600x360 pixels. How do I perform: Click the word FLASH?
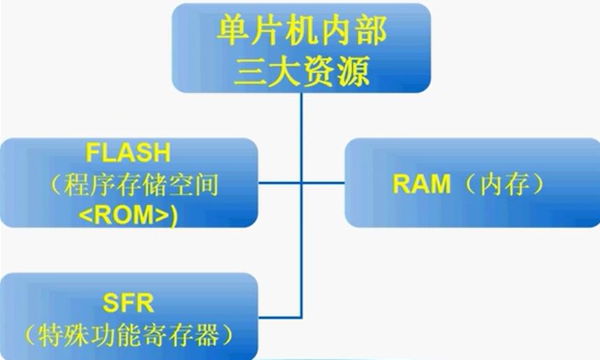128,152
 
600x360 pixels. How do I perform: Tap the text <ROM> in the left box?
124,215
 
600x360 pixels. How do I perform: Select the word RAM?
421,183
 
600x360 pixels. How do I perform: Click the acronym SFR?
128,303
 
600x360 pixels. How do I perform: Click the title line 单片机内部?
301,31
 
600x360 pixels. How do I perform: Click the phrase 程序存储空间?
141,185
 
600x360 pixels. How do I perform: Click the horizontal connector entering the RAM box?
323,183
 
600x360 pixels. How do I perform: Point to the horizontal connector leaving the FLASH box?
280,183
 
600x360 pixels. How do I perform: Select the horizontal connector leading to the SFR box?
280,317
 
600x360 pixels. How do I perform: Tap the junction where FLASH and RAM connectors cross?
301,183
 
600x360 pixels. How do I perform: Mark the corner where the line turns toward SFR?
301,317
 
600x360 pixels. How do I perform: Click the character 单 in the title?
231,31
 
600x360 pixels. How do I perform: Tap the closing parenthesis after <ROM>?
174,216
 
